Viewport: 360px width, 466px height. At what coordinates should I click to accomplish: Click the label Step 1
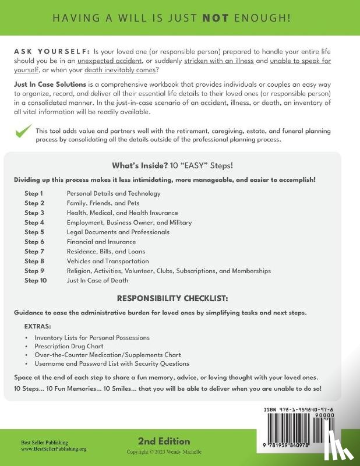pyautogui.click(x=33, y=193)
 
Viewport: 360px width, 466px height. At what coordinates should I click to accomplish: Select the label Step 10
pyautogui.click(x=35, y=280)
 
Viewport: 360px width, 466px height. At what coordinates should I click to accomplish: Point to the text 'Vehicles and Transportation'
pyautogui.click(x=108, y=261)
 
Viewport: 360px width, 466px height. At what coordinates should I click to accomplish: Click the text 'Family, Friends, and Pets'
pyautogui.click(x=104, y=203)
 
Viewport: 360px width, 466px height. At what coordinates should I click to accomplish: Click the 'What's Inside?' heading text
pyautogui.click(x=137, y=165)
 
